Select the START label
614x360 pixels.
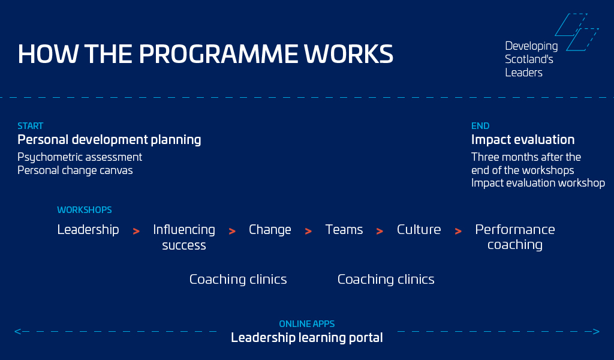30,126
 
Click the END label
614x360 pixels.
480,126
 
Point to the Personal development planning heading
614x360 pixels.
109,140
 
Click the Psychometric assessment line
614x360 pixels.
80,157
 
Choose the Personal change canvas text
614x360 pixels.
75,170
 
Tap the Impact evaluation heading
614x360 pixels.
523,140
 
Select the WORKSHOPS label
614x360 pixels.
84,210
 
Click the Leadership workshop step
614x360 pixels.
88,230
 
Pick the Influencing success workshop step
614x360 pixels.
184,237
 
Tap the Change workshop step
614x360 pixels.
270,230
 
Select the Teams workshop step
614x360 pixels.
344,230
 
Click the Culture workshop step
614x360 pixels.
419,230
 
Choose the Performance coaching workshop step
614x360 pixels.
515,237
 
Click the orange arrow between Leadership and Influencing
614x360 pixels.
136,232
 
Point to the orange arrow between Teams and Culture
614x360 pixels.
380,232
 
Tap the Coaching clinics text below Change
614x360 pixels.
238,280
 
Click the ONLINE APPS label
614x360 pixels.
306,324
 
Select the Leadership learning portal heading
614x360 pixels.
306,338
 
